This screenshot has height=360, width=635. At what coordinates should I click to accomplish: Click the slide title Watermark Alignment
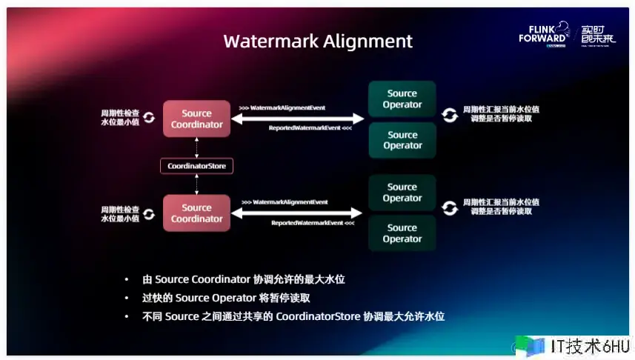click(318, 40)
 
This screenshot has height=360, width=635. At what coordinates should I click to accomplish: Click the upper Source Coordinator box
click(197, 119)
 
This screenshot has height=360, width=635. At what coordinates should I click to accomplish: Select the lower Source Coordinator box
click(197, 213)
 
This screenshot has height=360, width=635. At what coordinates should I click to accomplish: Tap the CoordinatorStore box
click(197, 166)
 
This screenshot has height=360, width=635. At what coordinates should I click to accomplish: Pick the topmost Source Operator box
click(402, 99)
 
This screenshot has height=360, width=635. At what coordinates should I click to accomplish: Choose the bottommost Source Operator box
click(402, 233)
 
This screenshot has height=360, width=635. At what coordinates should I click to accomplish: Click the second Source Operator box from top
click(402, 140)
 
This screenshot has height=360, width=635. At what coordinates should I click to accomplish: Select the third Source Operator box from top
click(402, 193)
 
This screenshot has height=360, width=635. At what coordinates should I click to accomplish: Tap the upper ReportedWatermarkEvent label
click(310, 129)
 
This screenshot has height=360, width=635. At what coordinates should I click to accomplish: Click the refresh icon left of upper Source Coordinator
click(149, 118)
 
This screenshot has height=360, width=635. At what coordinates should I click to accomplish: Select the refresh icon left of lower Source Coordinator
click(149, 213)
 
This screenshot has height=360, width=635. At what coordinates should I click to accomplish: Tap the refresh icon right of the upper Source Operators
click(449, 114)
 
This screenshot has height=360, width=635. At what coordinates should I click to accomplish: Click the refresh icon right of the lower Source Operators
click(449, 207)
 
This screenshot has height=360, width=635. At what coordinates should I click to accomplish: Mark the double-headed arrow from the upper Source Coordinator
click(298, 119)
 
